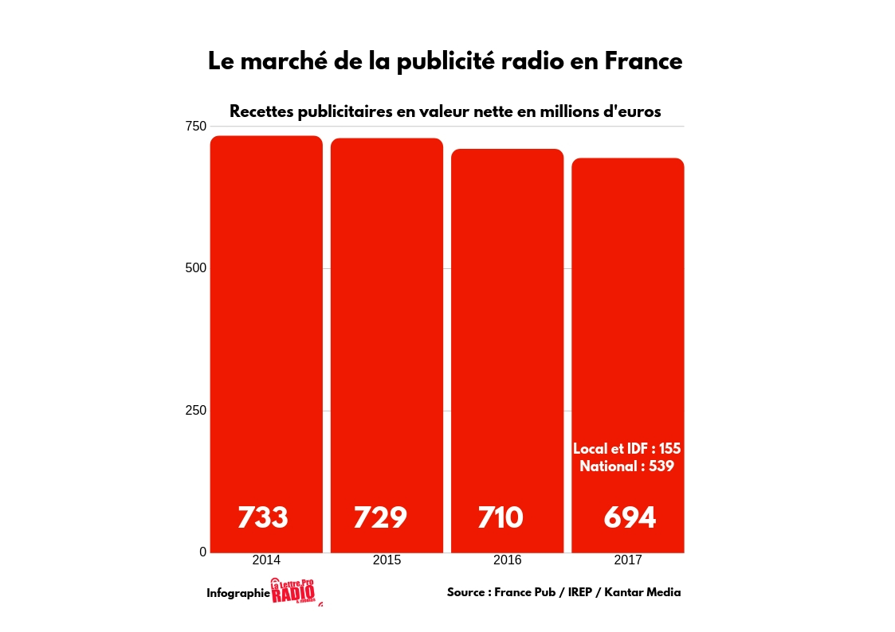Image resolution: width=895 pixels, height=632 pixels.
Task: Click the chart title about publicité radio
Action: pos(445,61)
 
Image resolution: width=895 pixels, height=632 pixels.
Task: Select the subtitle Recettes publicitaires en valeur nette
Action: pos(445,111)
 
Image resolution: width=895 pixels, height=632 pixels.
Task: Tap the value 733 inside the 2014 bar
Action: pos(263,517)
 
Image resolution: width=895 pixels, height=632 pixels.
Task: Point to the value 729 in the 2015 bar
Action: pos(380,517)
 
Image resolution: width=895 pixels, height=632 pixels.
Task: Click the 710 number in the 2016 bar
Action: pos(500,517)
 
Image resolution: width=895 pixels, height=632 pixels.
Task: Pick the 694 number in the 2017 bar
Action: pos(630,517)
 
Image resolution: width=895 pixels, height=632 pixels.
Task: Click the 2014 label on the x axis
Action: pos(266,560)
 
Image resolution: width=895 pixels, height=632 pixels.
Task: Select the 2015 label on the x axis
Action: pos(387,560)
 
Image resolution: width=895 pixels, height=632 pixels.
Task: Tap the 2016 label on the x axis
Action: pos(507,560)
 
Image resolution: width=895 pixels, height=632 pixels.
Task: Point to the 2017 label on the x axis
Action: pos(628,560)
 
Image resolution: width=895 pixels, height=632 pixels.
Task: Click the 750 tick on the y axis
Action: pos(195,127)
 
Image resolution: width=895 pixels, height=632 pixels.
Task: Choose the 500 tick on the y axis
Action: pos(195,268)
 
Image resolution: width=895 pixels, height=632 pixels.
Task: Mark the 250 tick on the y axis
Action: pos(195,410)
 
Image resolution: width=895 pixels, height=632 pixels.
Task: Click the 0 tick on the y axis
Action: pos(202,552)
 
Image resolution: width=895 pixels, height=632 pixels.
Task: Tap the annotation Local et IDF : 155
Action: pos(626,449)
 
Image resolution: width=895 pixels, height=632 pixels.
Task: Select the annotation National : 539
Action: pos(626,466)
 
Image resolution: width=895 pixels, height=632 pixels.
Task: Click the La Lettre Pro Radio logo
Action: pos(293,591)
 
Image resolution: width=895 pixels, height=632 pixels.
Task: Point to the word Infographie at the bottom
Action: pos(238,593)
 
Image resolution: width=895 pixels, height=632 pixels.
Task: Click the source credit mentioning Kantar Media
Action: pos(563,592)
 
